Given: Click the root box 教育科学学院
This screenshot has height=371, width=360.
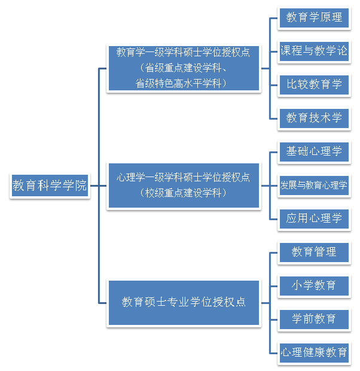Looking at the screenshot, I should tap(50, 185).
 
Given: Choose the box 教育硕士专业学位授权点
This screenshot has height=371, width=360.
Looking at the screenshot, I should tap(183, 302).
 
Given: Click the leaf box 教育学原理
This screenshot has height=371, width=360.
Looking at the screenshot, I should tap(314, 17).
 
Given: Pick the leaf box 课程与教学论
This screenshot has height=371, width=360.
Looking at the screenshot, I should tap(314, 51).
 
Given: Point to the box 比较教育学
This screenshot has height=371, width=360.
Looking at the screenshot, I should tap(314, 84).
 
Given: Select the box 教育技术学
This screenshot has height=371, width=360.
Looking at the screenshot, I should tap(314, 118).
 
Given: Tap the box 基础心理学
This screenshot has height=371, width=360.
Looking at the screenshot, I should tap(314, 151).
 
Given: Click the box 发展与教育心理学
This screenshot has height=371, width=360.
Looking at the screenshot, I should tap(314, 185).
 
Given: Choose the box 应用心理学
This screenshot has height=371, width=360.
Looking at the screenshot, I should tap(314, 219).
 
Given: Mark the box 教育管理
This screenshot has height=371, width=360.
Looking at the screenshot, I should tap(314, 252).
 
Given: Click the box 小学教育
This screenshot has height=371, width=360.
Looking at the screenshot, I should tap(314, 285).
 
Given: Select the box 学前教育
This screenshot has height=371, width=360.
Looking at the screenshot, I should tap(314, 319).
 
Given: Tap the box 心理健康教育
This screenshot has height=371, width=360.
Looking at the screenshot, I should tap(314, 352).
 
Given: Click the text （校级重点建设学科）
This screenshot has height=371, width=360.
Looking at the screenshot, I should tap(183, 193).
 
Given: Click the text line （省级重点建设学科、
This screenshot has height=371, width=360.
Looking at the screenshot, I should tap(183, 68).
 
